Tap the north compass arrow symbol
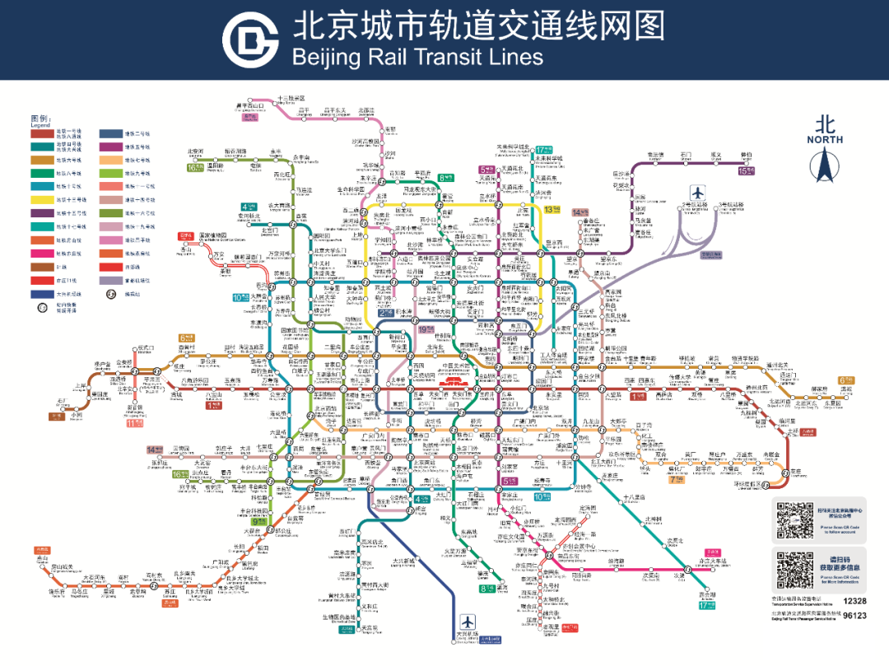coord(824,165)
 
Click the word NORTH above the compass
coord(825,140)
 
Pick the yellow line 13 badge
coord(552,209)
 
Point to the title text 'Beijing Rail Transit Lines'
coord(417,57)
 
